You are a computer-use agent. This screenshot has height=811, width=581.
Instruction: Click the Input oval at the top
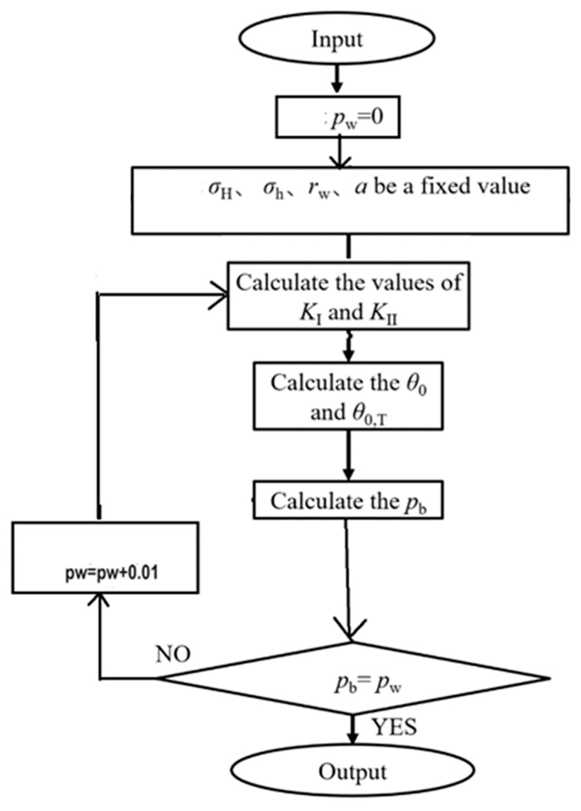(337, 39)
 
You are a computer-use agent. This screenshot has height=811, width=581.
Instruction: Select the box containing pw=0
(338, 117)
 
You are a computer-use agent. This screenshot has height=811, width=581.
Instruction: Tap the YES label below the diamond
(395, 726)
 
